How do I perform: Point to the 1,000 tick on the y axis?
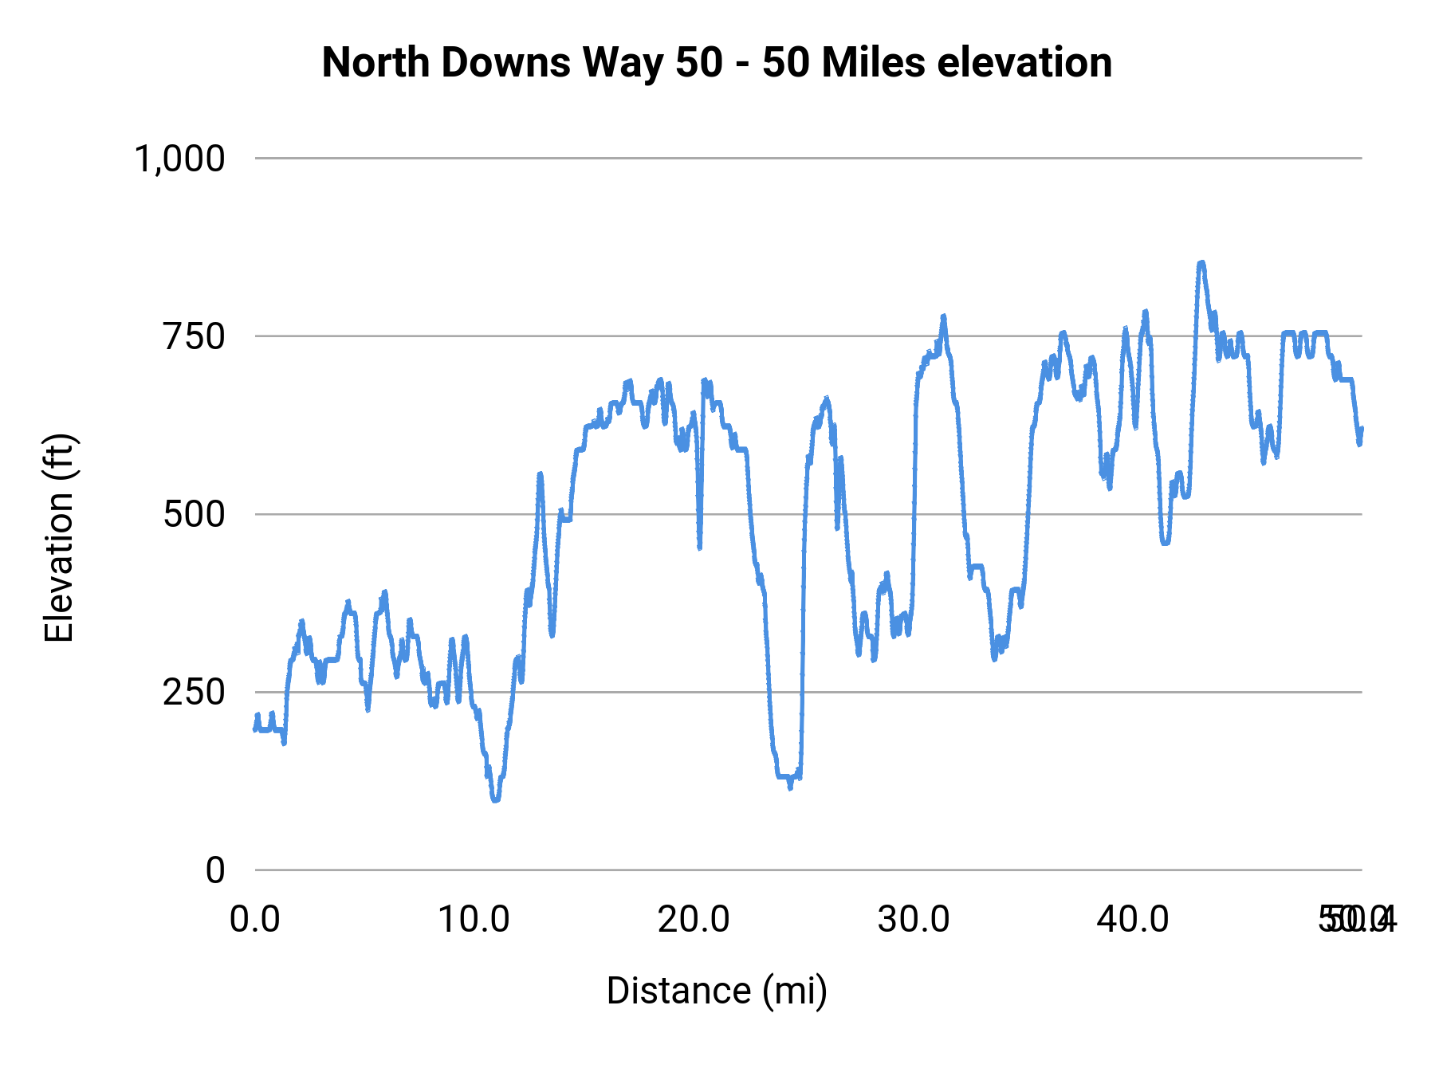click(x=180, y=159)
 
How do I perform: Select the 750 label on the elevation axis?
click(x=195, y=336)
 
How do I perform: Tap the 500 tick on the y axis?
click(x=195, y=514)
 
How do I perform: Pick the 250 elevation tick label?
click(x=195, y=692)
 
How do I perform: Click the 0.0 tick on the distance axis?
click(x=255, y=920)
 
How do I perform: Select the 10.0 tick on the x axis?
click(x=474, y=920)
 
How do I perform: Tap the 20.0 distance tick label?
click(x=694, y=920)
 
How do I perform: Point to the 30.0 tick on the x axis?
click(x=914, y=920)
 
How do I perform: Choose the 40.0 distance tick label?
click(x=1133, y=920)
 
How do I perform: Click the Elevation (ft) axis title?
click(x=59, y=538)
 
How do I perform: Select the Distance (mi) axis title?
click(x=717, y=991)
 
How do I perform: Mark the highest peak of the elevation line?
click(x=1201, y=262)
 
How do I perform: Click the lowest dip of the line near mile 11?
click(x=495, y=799)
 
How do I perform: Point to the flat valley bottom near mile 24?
click(x=784, y=776)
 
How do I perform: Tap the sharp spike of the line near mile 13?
click(x=540, y=475)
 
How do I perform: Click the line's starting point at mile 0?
click(x=256, y=728)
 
